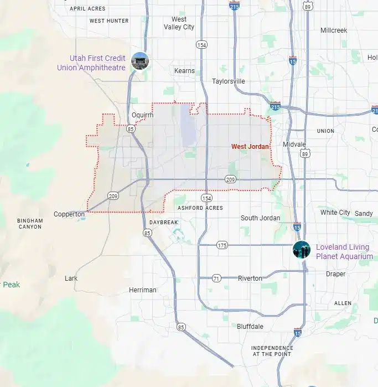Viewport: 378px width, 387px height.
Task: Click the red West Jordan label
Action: click(250, 147)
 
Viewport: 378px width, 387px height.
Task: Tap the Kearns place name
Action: click(184, 71)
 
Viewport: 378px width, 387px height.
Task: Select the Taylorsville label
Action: click(228, 81)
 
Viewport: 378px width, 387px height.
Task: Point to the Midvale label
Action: click(294, 144)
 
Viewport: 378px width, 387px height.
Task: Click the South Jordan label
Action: click(260, 218)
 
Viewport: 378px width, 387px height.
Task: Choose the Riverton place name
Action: click(250, 278)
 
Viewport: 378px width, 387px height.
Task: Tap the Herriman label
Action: click(143, 290)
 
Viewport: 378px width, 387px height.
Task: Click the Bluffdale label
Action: click(250, 326)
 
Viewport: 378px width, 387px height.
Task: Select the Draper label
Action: click(335, 274)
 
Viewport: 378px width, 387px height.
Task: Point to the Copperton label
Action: click(69, 214)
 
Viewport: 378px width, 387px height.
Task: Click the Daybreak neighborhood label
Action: click(163, 223)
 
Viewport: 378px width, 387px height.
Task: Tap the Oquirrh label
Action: click(142, 115)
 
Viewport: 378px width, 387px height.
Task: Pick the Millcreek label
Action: click(333, 30)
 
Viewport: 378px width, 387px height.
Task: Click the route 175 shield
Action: click(222, 245)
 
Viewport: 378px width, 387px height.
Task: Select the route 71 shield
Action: click(216, 278)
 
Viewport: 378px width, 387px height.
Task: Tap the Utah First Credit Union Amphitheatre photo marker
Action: click(139, 60)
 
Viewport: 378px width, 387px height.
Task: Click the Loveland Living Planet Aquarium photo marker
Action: click(302, 250)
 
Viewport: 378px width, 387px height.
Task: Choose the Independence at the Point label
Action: click(272, 351)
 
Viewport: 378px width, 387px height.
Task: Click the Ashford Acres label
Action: click(200, 208)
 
